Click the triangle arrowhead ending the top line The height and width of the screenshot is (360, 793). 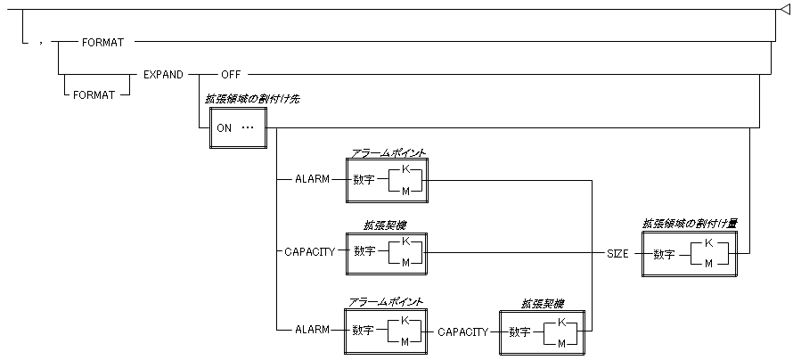click(x=784, y=9)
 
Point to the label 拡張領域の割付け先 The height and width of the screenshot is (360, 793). click(x=251, y=99)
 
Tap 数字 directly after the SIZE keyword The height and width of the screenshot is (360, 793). click(x=664, y=254)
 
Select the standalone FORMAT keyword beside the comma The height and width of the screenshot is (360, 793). click(x=101, y=42)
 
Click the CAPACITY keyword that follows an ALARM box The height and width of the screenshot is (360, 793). click(x=462, y=331)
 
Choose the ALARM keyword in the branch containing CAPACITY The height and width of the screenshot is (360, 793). click(x=311, y=330)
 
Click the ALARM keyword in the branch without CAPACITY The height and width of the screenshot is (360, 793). click(x=311, y=178)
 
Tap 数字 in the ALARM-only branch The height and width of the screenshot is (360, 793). click(x=363, y=178)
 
